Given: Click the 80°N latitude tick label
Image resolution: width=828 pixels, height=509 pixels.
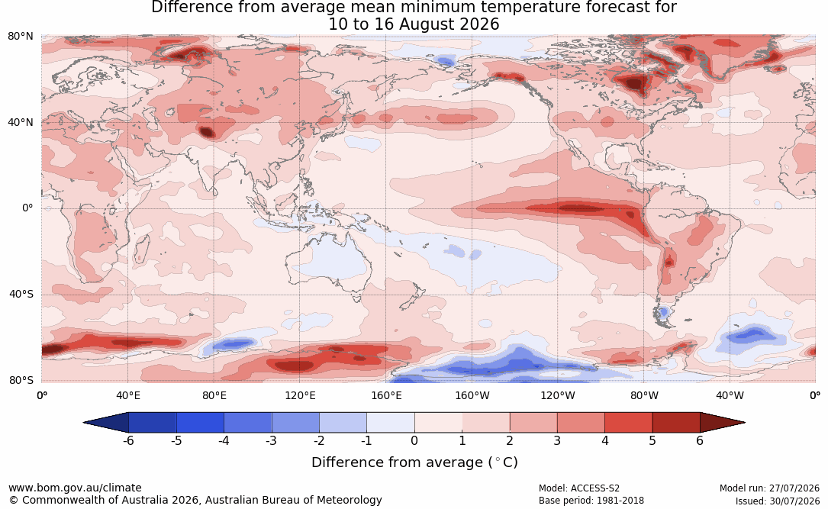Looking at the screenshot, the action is tap(21, 36).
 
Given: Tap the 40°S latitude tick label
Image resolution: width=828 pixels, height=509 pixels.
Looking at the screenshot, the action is tap(21, 294).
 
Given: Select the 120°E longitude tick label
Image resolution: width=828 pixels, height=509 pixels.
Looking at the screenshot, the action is tap(300, 395).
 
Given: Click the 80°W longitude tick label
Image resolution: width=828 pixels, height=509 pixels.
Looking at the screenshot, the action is tap(644, 395).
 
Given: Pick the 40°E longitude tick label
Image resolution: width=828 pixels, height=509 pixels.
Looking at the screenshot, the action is tap(127, 395).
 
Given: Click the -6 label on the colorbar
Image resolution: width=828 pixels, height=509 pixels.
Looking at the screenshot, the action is tap(128, 440).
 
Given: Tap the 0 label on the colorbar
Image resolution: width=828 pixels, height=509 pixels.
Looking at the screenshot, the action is tap(414, 440).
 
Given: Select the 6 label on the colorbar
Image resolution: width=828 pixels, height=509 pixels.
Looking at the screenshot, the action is tap(700, 440).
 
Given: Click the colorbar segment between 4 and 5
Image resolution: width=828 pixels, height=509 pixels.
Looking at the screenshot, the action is tap(628, 423).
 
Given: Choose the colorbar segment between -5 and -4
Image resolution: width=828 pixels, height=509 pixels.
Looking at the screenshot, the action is tap(200, 423).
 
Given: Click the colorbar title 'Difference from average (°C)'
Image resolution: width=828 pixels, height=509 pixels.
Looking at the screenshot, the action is tap(414, 462).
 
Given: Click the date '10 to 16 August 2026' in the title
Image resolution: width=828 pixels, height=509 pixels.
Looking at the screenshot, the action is tap(414, 24).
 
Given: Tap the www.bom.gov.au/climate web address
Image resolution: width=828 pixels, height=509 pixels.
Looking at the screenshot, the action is tap(75, 488).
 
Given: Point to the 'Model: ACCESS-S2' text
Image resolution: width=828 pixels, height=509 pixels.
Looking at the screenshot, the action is tap(578, 488).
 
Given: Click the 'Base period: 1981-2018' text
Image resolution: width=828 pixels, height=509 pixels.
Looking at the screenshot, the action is tap(591, 501).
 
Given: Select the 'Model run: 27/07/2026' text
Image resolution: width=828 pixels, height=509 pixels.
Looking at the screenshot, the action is tap(769, 488).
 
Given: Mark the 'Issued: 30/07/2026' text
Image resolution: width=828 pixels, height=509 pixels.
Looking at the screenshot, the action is tap(778, 501).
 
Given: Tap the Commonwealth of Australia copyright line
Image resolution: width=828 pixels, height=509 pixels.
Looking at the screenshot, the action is tap(195, 500).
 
